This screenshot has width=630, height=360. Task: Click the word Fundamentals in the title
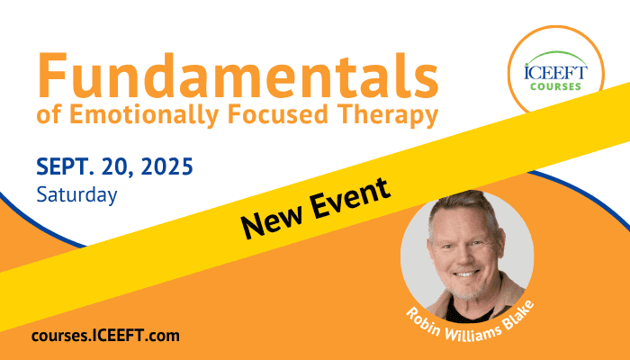pos(238,76)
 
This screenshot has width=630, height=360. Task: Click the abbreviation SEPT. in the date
pos(65,166)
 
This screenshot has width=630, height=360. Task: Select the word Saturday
pos(76,195)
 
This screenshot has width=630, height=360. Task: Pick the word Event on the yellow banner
pos(350,196)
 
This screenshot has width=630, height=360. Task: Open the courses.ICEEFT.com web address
pos(105,336)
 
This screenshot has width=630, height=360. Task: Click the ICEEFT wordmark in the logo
pos(555,72)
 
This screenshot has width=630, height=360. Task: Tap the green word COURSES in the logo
pos(555,86)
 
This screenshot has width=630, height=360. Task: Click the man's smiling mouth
pos(465,274)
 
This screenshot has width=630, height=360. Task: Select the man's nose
pos(463,256)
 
